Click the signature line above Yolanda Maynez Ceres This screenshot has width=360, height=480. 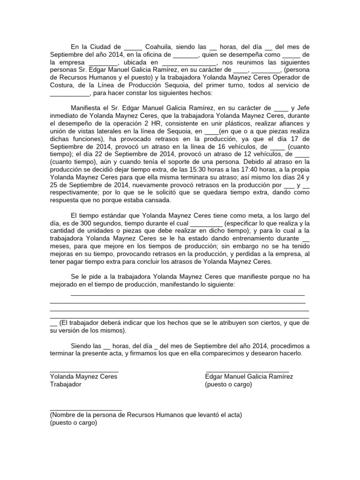(x=84, y=371)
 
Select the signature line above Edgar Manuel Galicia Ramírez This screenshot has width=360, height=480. (x=247, y=371)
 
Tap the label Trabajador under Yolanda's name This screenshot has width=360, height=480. (x=66, y=384)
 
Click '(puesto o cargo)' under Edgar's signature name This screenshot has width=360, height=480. (x=228, y=384)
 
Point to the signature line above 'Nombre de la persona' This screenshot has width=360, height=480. (x=85, y=409)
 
